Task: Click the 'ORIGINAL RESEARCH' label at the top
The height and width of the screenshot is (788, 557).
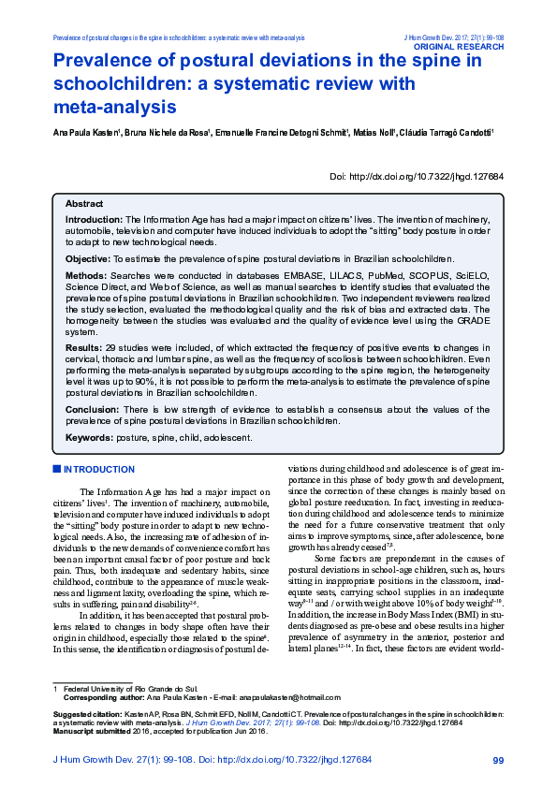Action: click(459, 45)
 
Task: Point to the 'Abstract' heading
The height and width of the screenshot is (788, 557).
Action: click(84, 203)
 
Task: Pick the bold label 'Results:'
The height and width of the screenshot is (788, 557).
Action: click(83, 346)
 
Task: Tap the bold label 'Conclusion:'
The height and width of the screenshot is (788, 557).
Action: click(91, 409)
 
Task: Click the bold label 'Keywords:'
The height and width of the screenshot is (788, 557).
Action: click(89, 437)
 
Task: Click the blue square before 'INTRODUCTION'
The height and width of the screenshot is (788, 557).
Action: click(56, 469)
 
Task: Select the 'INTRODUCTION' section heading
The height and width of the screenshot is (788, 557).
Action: click(99, 469)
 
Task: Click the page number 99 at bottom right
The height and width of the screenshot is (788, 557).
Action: click(497, 760)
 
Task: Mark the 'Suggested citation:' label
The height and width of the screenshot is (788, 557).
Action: click(84, 740)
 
